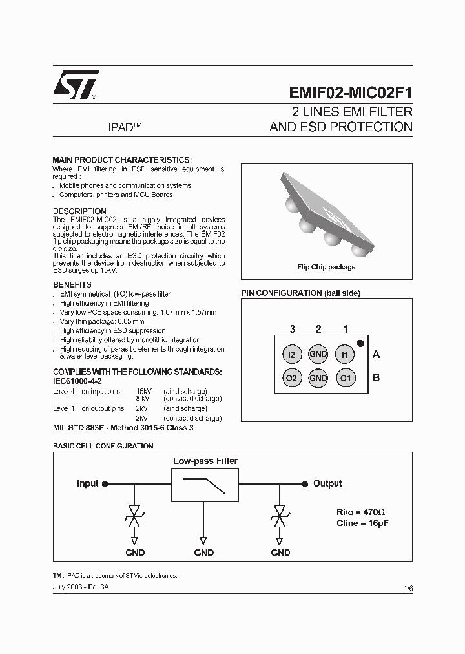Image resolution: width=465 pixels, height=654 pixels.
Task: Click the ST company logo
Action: (x=76, y=83)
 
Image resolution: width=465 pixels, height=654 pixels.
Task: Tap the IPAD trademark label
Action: (x=124, y=128)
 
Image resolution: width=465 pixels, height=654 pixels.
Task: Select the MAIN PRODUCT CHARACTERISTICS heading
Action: (x=122, y=160)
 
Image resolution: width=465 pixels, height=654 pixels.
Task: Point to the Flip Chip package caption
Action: (x=326, y=267)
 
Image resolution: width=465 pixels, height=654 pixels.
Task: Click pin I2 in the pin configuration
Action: (x=292, y=354)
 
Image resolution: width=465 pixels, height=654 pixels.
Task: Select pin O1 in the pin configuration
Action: (x=346, y=378)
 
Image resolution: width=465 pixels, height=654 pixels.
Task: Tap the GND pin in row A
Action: (x=318, y=354)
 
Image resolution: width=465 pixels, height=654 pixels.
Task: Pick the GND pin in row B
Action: (x=318, y=378)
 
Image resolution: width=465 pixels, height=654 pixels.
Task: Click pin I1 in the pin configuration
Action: (x=345, y=354)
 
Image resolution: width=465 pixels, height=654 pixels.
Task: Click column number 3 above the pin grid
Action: (x=292, y=329)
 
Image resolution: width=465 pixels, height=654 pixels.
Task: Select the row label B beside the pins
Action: (x=377, y=378)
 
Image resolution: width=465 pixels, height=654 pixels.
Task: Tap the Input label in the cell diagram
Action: (x=88, y=483)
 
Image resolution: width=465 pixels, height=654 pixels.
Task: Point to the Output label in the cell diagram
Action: (x=327, y=483)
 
